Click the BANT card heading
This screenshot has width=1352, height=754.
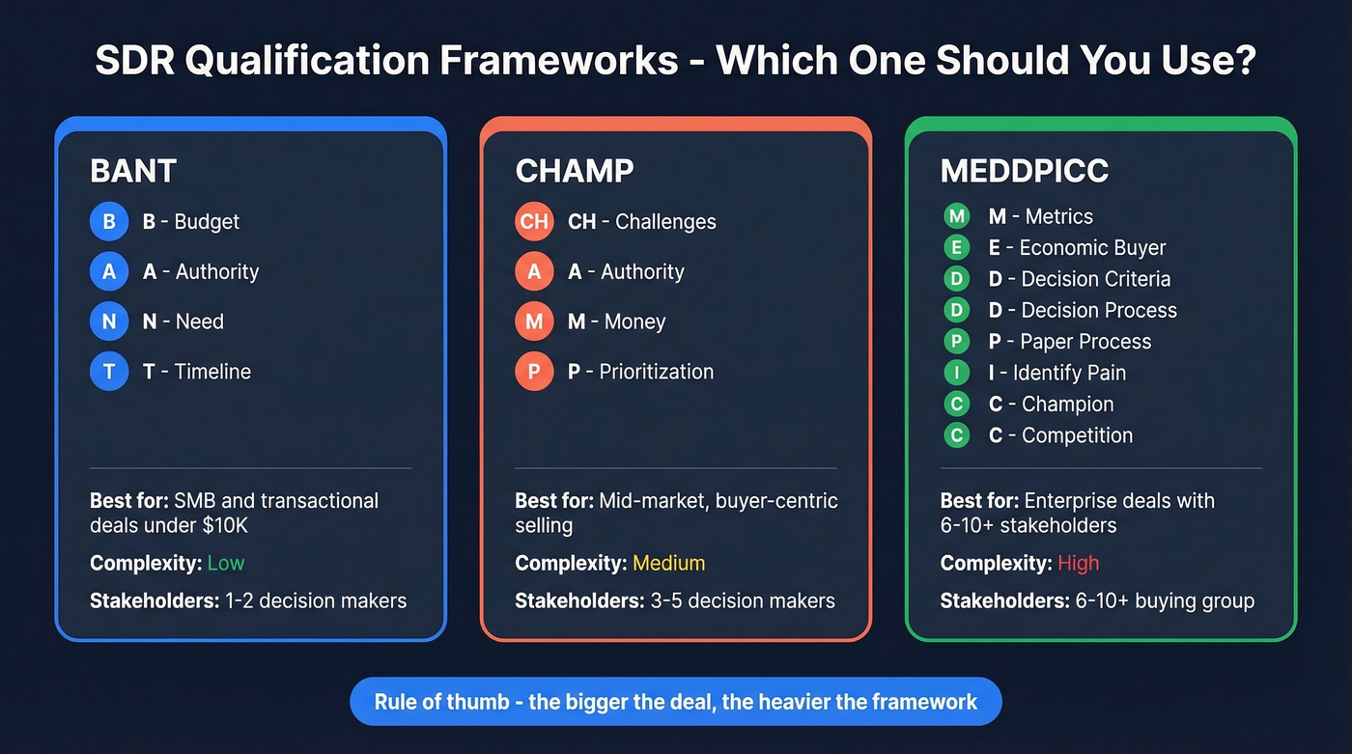pos(133,171)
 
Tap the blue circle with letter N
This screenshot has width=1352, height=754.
pos(109,321)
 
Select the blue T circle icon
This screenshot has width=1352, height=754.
pos(109,372)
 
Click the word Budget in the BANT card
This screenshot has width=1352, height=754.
pos(207,221)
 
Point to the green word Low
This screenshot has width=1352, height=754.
pos(226,563)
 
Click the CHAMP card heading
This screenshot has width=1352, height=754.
pos(575,171)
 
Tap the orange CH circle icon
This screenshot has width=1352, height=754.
pos(534,221)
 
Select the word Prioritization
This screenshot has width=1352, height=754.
pos(656,372)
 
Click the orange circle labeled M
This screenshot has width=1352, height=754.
pos(534,321)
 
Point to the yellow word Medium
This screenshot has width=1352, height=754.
pos(668,563)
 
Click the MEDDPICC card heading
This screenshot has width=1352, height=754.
pos(1025,171)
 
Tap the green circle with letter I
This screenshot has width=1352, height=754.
pos(956,373)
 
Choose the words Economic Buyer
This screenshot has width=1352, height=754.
pos(1092,248)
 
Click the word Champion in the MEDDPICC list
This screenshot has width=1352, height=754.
pos(1067,405)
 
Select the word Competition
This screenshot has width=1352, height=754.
pos(1077,435)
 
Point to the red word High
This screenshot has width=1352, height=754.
pos(1078,563)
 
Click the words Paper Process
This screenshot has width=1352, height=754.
pos(1085,342)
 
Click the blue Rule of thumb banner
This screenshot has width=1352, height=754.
pos(675,702)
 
